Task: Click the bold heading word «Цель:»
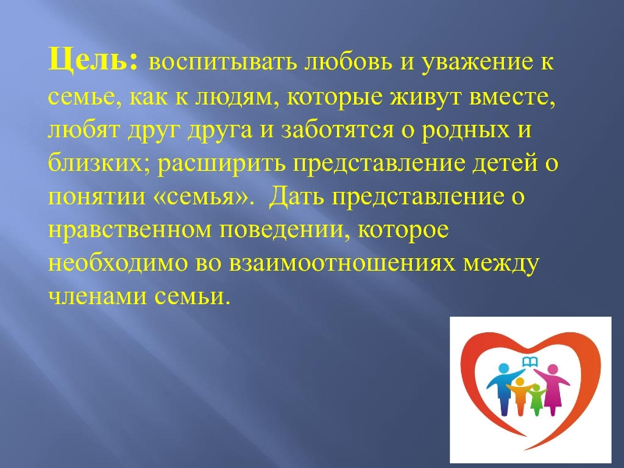[93, 60]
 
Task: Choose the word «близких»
[95, 162]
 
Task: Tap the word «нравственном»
[129, 231]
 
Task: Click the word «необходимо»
[118, 264]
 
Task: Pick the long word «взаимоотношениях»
[342, 264]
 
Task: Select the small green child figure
[537, 399]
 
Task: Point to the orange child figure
[519, 396]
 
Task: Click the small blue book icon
[530, 362]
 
